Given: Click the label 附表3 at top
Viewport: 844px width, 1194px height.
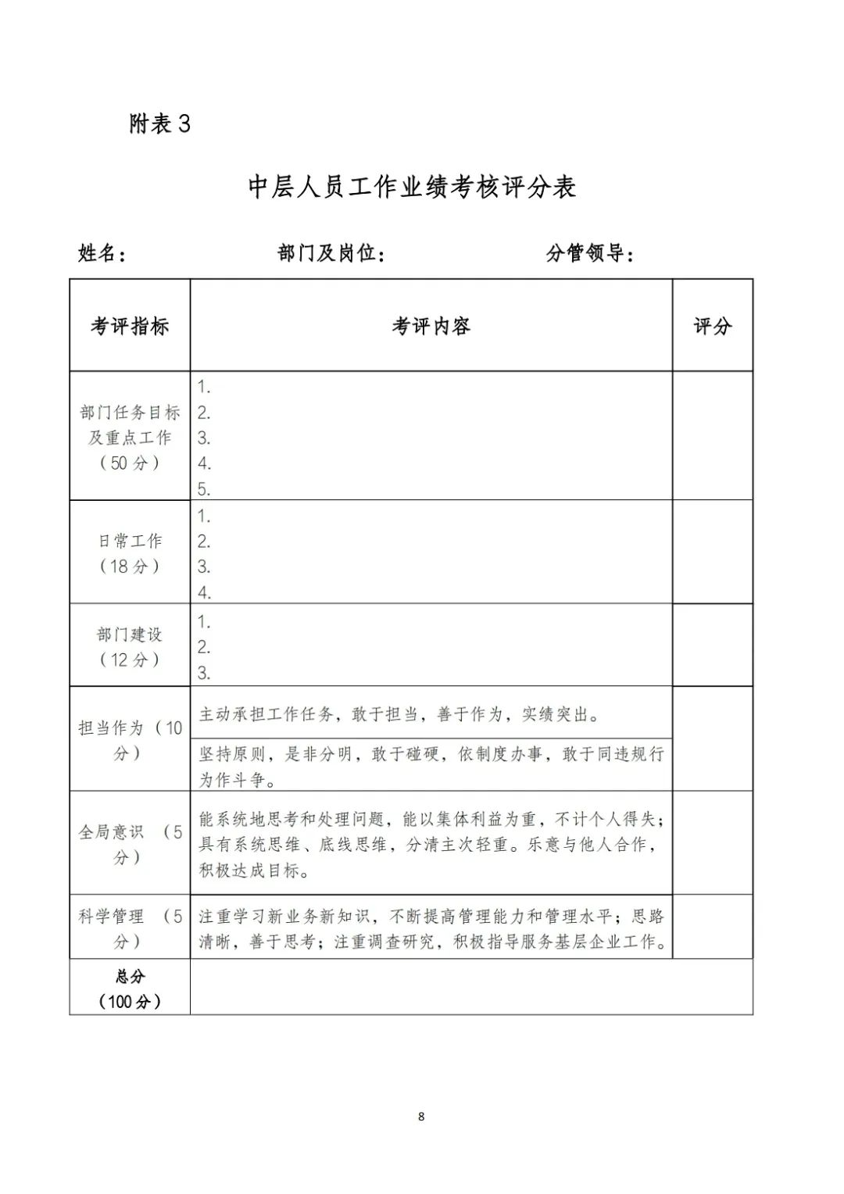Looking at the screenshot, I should [x=159, y=124].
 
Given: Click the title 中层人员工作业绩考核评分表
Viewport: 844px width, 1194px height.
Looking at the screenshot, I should [x=412, y=188].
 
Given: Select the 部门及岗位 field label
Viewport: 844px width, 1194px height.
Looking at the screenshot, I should [x=331, y=253].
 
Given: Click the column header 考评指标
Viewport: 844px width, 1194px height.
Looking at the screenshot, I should [x=130, y=326].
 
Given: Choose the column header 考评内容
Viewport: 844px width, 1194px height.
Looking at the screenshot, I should [x=431, y=326].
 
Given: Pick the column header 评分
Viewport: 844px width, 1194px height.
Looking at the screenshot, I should [x=712, y=326].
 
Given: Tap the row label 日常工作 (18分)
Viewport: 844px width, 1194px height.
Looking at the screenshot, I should [x=130, y=553].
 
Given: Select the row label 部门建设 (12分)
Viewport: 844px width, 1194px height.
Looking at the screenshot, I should [x=130, y=646].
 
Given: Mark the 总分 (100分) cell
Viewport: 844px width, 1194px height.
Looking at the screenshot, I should [x=130, y=988].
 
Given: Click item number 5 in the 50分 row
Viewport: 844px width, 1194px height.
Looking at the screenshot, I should [x=204, y=489].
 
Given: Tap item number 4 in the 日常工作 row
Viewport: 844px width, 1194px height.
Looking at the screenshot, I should [x=204, y=592].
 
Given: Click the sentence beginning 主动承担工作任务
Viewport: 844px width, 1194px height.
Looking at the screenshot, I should [x=399, y=714].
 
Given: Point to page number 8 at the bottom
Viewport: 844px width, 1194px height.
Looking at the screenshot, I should [x=421, y=1117].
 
